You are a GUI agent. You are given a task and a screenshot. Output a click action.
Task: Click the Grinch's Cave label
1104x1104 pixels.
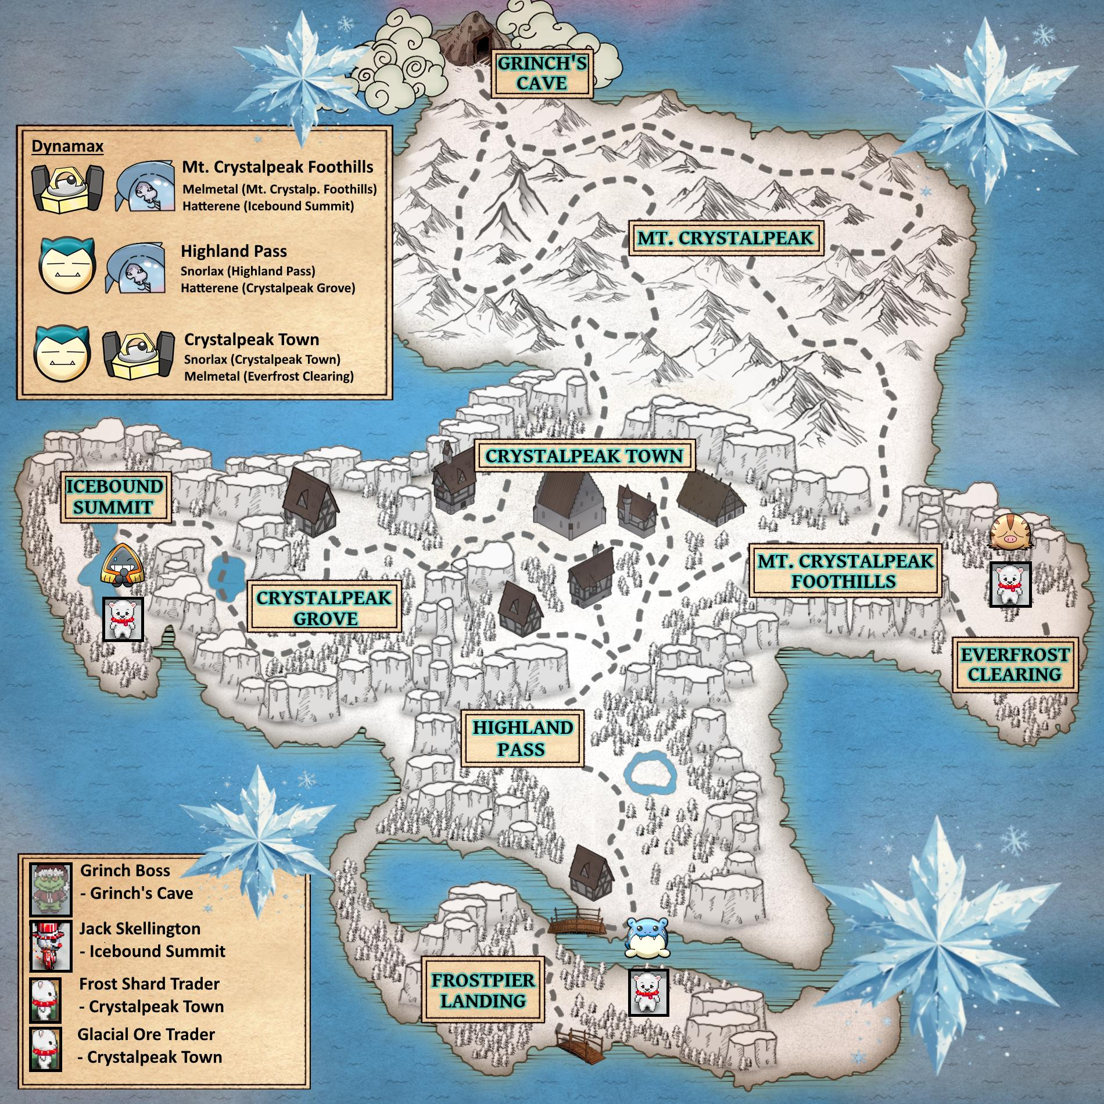coord(542,73)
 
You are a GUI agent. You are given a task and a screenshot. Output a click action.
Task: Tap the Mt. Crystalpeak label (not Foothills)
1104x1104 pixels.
coord(725,238)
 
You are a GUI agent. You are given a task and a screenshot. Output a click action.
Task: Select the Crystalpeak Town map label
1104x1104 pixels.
coord(585,456)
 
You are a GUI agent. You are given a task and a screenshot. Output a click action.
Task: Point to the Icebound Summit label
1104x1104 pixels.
coord(114,497)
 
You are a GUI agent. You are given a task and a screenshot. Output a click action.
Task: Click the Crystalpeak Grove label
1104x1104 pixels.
coord(324,608)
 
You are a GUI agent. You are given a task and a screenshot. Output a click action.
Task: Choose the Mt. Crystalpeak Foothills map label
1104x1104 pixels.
coord(845,571)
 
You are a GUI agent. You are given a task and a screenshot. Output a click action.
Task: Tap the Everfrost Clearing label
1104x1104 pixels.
coord(1015,665)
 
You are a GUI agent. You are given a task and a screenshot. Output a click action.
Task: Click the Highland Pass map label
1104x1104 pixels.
coord(523,739)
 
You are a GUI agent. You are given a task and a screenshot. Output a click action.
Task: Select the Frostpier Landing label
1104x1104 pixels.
coord(483,991)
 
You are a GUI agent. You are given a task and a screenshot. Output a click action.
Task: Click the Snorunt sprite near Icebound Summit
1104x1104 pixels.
coord(121,564)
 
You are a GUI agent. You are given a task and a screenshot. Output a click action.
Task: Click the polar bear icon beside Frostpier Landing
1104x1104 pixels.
coord(648,992)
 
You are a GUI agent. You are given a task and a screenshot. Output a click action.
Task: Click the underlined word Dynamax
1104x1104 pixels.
coord(67,146)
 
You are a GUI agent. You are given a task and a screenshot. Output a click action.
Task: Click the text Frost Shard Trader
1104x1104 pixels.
coord(149,984)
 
